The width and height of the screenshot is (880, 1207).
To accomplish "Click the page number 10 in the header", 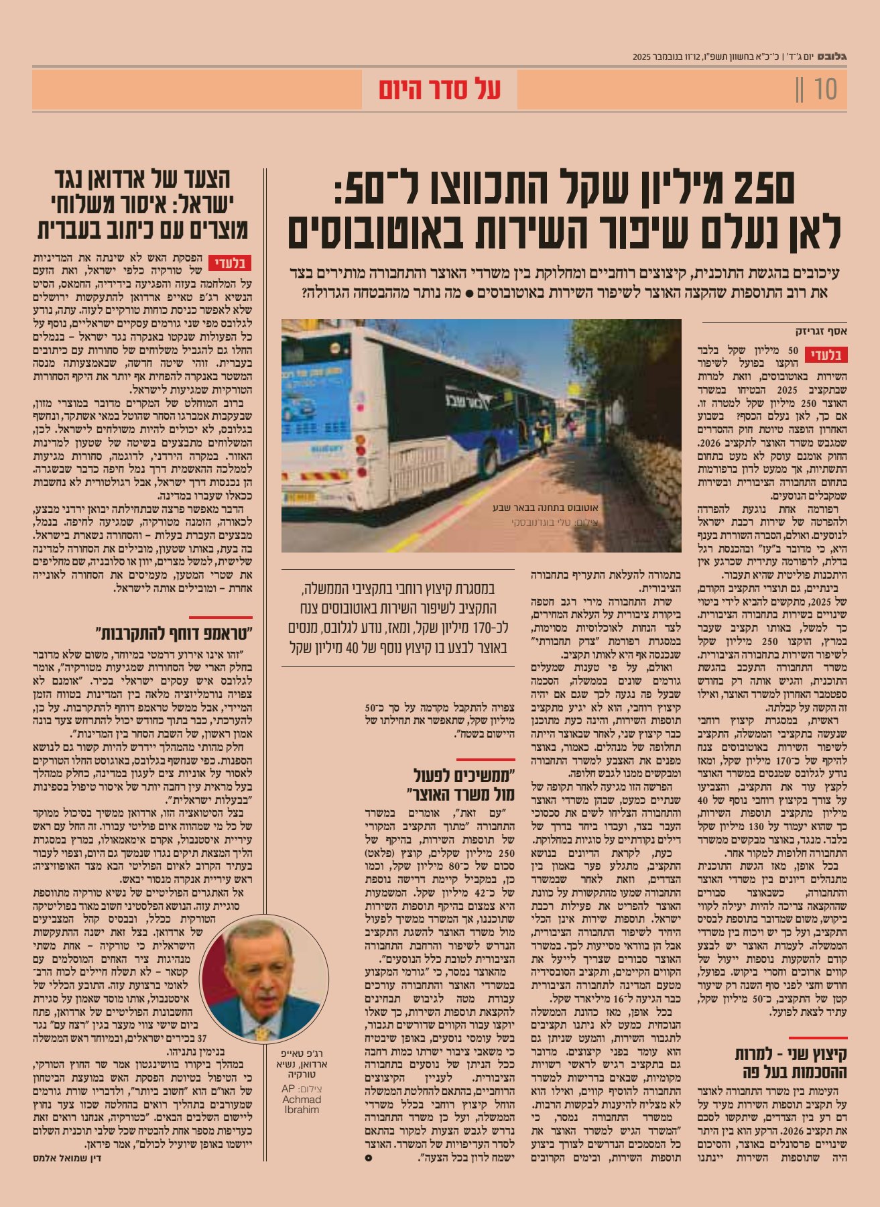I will [x=826, y=89].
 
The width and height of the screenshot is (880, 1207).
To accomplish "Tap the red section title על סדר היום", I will [x=440, y=90].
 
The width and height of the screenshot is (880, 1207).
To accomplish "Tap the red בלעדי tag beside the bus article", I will [x=830, y=355].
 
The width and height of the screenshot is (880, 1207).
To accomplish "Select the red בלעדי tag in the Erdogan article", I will [x=230, y=262].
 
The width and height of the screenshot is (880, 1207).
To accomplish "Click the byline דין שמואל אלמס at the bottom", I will [x=67, y=1157].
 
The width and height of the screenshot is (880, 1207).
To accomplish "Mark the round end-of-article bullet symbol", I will [x=368, y=1157].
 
